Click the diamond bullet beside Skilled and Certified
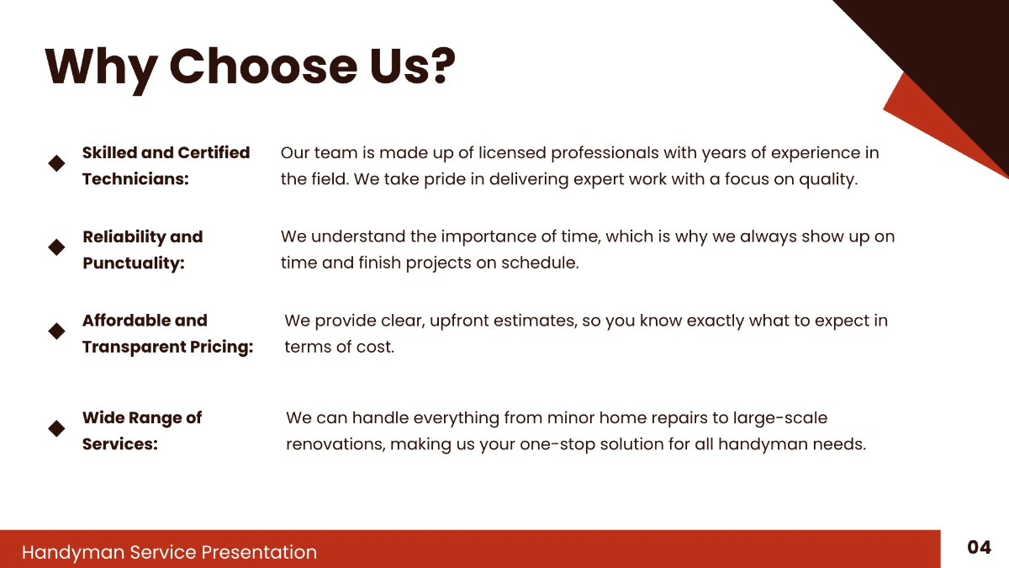(x=56, y=163)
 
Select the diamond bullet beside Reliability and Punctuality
(x=56, y=247)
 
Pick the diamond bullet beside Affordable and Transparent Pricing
(x=56, y=331)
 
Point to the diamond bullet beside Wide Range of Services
(x=56, y=428)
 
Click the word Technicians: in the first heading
(x=135, y=179)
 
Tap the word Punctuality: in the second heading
(x=133, y=263)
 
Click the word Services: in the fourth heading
(x=119, y=444)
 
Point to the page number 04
(x=979, y=548)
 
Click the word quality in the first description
(x=828, y=179)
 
